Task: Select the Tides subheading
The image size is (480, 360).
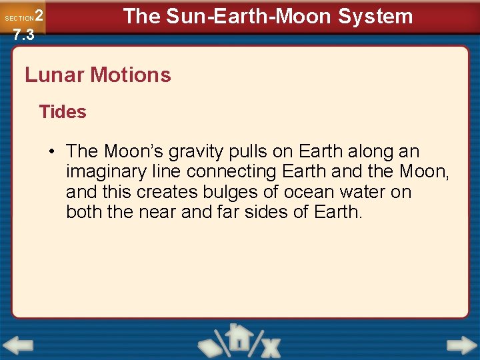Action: (63, 112)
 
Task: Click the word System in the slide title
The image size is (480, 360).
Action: (376, 16)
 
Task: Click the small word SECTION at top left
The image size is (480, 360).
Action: (19, 18)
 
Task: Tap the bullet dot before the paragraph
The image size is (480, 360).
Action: (51, 151)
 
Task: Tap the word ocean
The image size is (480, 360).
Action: (313, 193)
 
